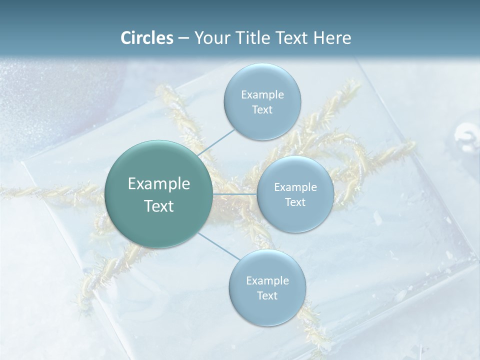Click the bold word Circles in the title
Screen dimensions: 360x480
click(146, 38)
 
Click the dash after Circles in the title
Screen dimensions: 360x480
click(183, 38)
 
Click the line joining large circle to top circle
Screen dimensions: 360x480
click(216, 142)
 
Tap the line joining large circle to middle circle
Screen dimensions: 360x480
click(235, 194)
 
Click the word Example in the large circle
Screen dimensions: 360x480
click(159, 184)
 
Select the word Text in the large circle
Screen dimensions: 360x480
click(159, 206)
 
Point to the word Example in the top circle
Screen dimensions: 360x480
click(262, 95)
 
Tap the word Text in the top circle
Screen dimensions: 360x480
click(262, 110)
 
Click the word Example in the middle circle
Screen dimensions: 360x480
click(295, 187)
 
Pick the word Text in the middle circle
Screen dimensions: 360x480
click(295, 202)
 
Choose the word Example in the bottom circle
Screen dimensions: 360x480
click(267, 281)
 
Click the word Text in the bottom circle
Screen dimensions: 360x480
click(267, 296)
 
